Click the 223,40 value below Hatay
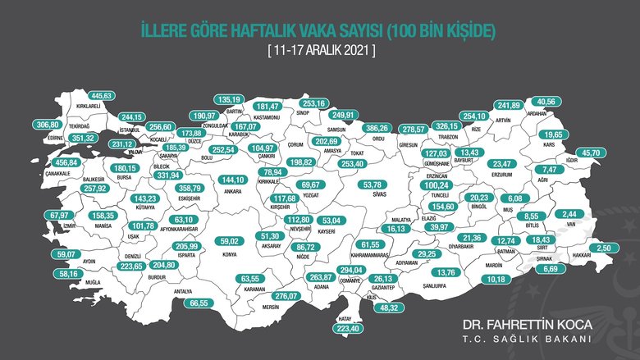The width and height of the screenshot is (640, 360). point(343,330)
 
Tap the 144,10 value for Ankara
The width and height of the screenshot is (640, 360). point(234,180)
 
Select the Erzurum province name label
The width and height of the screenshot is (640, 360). point(502,175)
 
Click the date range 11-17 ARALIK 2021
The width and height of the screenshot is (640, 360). point(321,51)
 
